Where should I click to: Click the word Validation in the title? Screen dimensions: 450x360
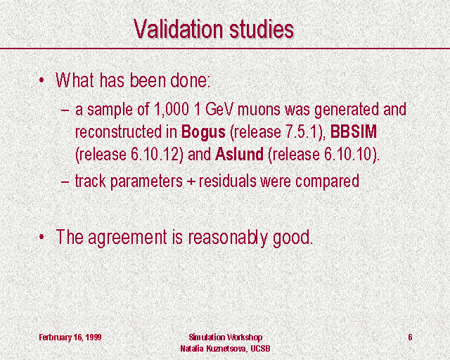click(x=178, y=29)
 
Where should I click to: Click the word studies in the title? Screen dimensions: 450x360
click(x=262, y=29)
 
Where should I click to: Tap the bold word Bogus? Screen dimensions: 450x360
click(x=203, y=133)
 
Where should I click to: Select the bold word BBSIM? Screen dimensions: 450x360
click(x=354, y=131)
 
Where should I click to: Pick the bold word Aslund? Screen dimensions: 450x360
click(x=239, y=154)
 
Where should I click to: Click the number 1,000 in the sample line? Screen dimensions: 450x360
click(x=172, y=110)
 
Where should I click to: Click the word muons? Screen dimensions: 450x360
click(x=259, y=110)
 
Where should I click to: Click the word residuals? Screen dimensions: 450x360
click(x=227, y=181)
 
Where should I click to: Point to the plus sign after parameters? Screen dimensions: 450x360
click(x=191, y=182)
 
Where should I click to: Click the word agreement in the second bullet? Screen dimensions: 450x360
click(x=127, y=238)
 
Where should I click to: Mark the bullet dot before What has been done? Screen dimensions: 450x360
click(x=42, y=80)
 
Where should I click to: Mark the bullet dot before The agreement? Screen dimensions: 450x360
click(x=42, y=237)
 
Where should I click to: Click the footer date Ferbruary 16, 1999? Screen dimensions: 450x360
click(x=70, y=337)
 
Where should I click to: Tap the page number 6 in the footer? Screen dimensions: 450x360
click(x=410, y=337)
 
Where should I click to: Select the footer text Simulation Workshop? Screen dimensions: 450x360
click(x=225, y=337)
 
